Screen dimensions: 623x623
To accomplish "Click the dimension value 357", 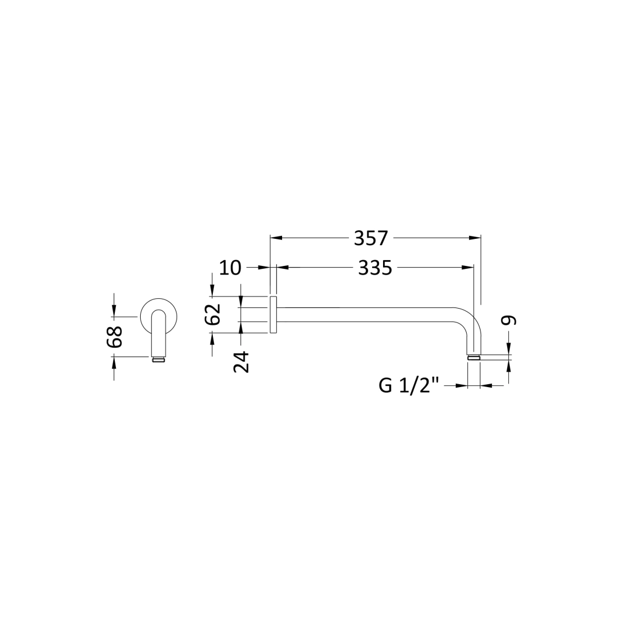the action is tap(371, 238).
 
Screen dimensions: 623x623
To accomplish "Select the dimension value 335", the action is tap(375, 268).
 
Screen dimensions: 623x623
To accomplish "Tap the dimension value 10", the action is tap(230, 268).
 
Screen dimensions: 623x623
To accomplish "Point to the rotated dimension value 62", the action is tap(214, 314).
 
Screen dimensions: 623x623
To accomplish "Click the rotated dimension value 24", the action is tap(241, 362).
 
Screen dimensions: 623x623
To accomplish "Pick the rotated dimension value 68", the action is tap(114, 337).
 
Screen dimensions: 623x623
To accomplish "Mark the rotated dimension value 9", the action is tap(509, 320).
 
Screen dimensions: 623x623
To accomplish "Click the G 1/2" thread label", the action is tap(409, 385).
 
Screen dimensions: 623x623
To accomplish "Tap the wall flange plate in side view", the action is tap(273, 315).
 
